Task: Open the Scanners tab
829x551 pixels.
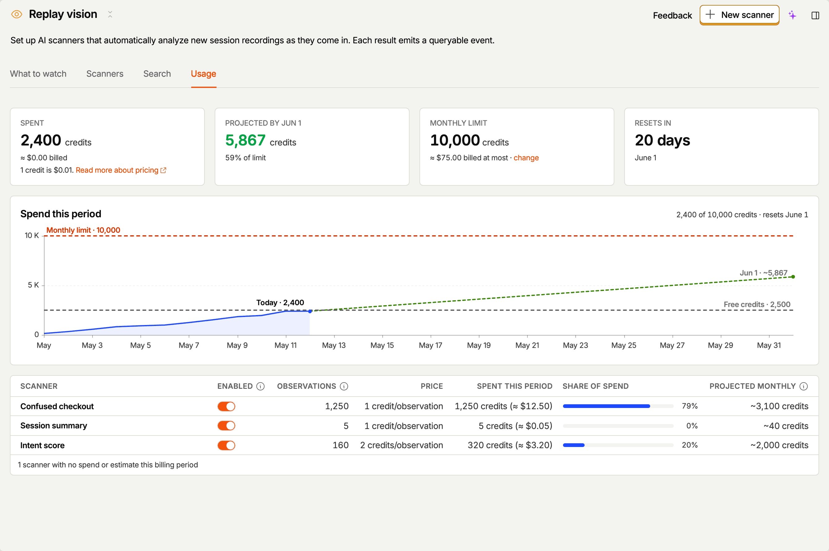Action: coord(105,74)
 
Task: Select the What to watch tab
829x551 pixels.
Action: coord(38,74)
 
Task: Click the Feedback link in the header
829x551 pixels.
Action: coord(672,15)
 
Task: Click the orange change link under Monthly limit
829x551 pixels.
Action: coord(526,158)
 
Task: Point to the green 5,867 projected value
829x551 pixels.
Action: coord(245,140)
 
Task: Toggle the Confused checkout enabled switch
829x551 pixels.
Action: coord(226,406)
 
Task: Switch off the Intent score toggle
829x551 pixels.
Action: coord(226,445)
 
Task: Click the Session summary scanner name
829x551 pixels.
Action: coord(54,426)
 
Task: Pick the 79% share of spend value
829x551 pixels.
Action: coord(689,406)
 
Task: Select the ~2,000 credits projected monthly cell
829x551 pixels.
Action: coord(779,445)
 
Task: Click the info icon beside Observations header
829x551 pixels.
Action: coord(344,386)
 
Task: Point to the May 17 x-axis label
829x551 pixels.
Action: coord(431,345)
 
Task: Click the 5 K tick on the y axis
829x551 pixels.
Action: coord(33,285)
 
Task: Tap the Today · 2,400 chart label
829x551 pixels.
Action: coord(280,302)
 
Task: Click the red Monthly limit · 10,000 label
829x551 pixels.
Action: coord(83,230)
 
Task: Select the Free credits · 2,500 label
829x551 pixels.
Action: coord(757,304)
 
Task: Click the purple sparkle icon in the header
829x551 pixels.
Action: coord(792,15)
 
